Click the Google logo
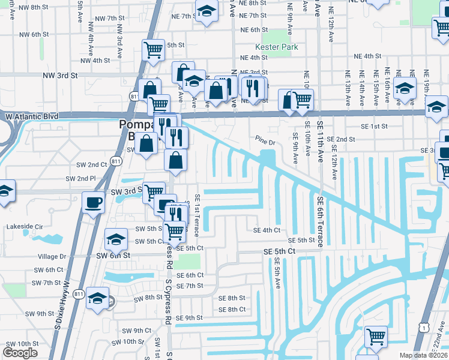click(20, 353)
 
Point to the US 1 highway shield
click(424, 326)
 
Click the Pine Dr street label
click(264, 143)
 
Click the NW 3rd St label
click(61, 76)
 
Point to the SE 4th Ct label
click(267, 230)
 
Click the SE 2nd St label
click(341, 139)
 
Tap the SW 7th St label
click(46, 283)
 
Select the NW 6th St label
click(25, 35)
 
